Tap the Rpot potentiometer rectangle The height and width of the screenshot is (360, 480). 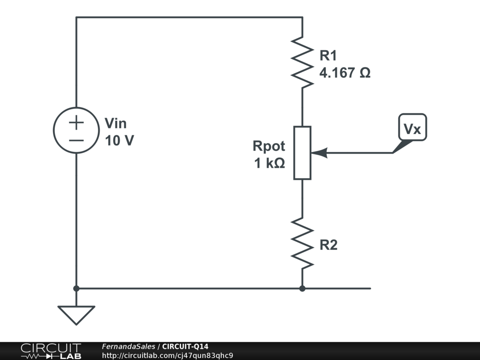[x=302, y=153]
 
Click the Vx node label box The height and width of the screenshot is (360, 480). [x=412, y=127]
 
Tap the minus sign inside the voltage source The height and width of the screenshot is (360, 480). [x=76, y=140]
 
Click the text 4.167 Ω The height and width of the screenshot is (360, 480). [x=345, y=73]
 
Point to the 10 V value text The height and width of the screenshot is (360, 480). [x=119, y=140]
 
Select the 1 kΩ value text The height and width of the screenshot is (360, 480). [x=270, y=164]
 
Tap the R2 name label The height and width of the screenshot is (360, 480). [x=328, y=245]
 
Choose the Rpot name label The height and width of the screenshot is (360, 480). [x=269, y=146]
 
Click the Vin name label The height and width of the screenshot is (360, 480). [x=115, y=123]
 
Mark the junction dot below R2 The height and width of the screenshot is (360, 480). [x=302, y=288]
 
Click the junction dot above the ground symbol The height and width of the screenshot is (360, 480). [x=76, y=288]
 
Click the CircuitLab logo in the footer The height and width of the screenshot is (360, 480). [x=50, y=351]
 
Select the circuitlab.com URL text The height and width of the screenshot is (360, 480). [x=167, y=355]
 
